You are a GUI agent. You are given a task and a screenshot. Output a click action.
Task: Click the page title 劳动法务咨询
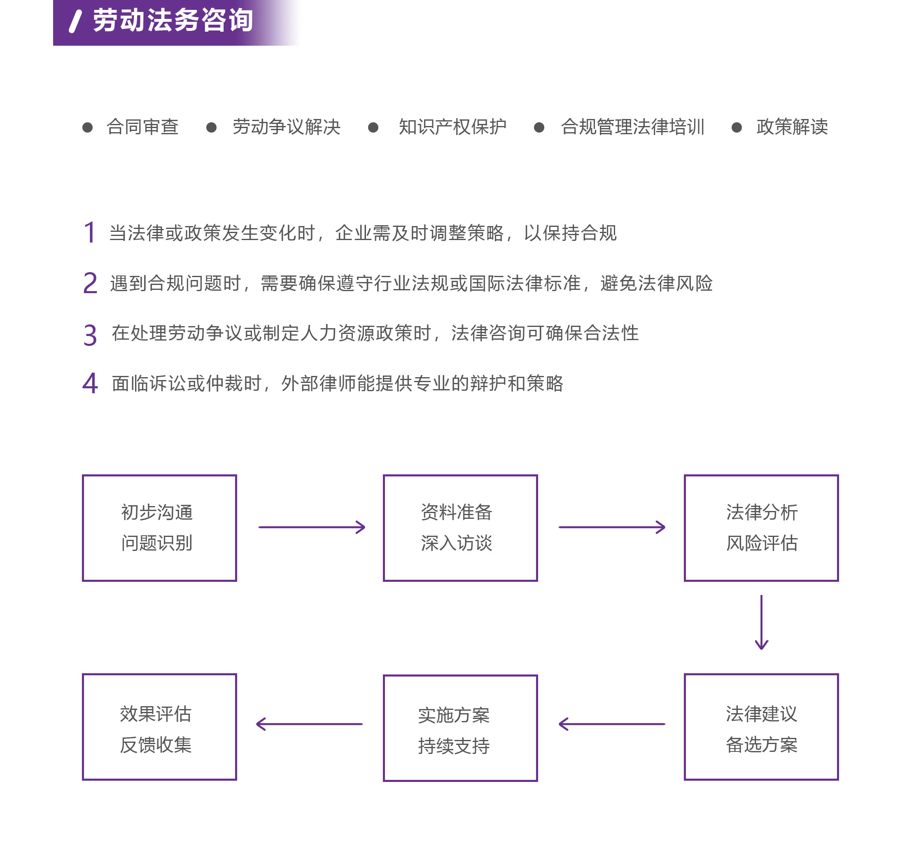pos(173,21)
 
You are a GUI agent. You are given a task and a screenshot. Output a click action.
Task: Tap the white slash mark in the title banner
pos(75,21)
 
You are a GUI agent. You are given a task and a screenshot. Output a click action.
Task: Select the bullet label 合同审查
pos(142,127)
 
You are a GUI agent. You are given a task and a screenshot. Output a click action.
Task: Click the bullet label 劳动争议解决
pos(287,127)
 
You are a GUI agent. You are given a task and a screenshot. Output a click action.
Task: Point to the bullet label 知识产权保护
pos(452,127)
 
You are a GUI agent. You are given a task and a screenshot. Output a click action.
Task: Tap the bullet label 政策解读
pos(792,127)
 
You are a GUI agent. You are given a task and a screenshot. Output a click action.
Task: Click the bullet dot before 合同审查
pos(87,127)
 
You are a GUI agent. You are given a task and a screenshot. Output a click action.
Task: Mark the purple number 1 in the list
pos(90,232)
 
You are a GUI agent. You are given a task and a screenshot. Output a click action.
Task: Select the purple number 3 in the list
pos(90,334)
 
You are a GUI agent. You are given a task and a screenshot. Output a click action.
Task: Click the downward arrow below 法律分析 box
pos(761,622)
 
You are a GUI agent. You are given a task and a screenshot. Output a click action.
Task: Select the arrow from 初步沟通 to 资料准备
pos(312,527)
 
